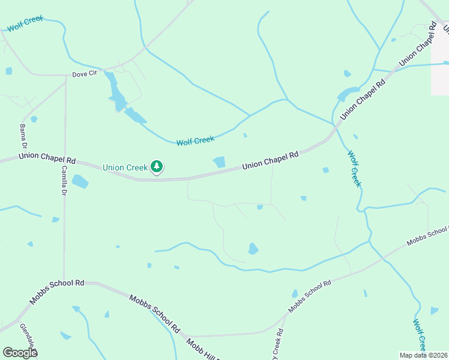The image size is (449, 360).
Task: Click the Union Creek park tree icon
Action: (x=157, y=166)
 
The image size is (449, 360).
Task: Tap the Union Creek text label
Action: (x=125, y=167)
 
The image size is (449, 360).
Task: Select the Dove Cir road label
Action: (x=84, y=74)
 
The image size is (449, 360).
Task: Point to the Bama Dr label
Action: (x=23, y=137)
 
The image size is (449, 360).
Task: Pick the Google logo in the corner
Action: (x=20, y=353)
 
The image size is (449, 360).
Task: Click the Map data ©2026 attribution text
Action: (x=423, y=355)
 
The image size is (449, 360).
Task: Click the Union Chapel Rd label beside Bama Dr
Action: (x=47, y=158)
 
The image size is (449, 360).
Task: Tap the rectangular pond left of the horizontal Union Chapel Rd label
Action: (x=219, y=162)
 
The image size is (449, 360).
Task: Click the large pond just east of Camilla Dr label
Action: (x=80, y=181)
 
